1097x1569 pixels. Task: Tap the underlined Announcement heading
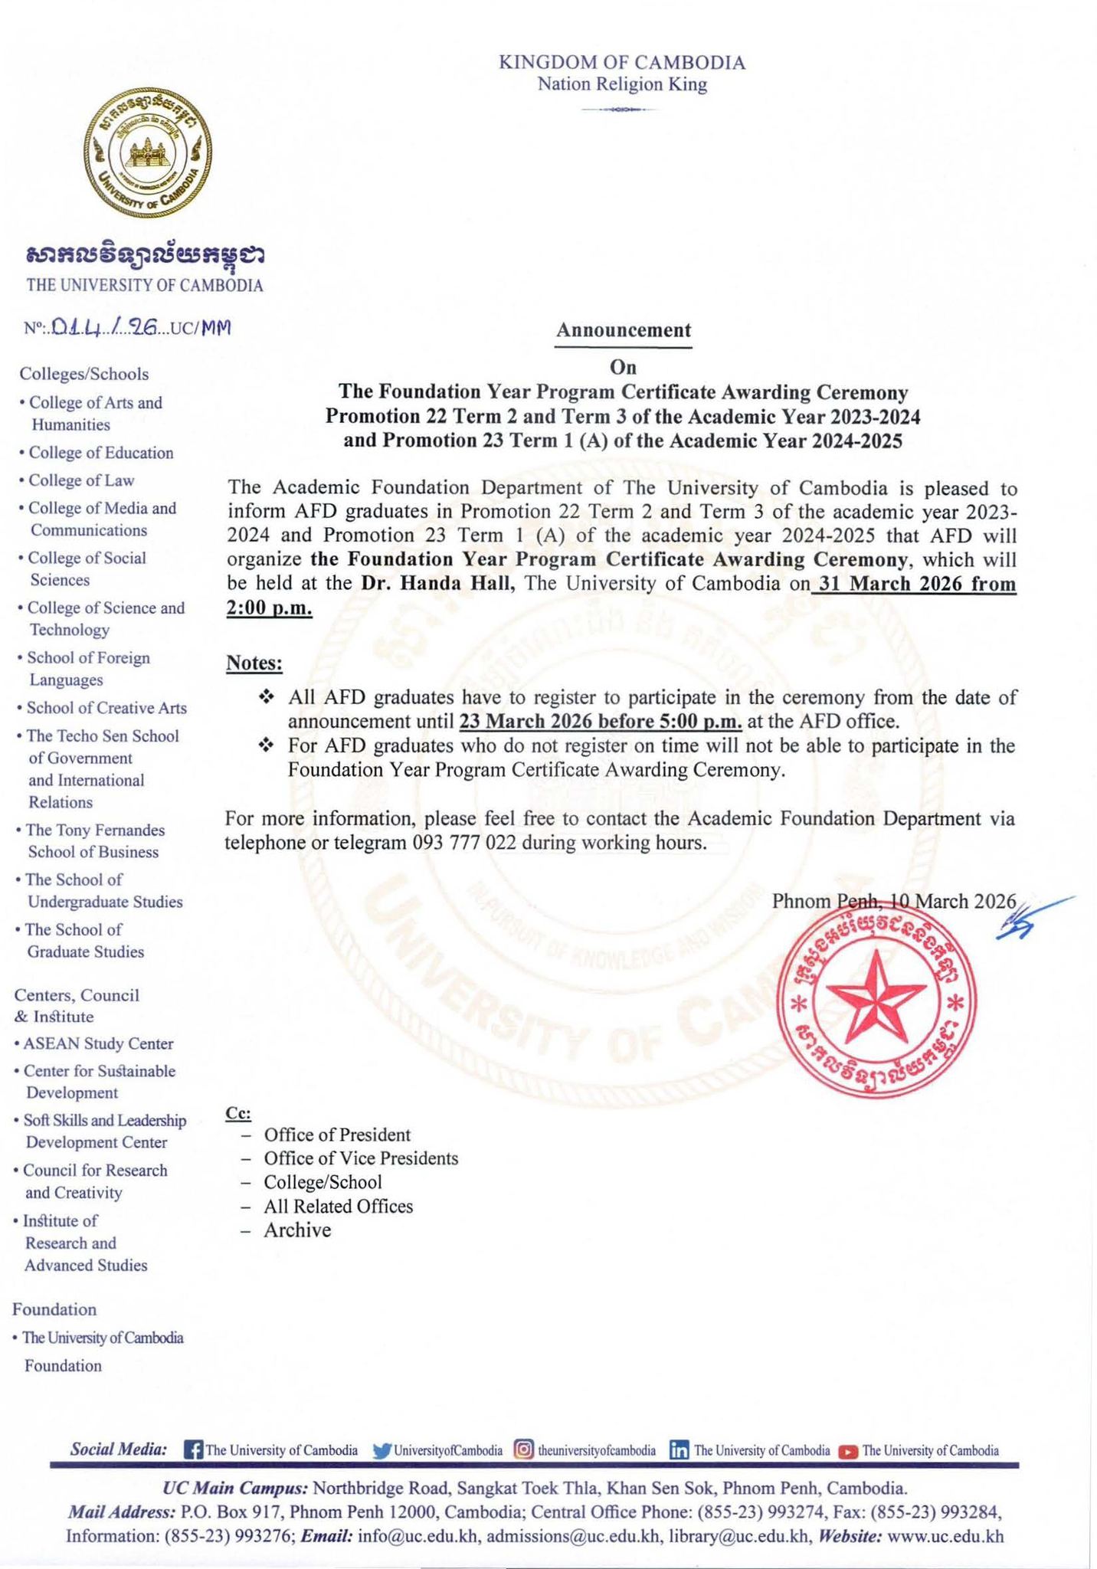point(623,330)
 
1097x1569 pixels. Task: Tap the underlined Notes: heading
point(254,663)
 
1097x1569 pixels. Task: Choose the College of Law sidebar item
point(80,480)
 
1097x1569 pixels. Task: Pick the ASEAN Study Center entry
point(98,1043)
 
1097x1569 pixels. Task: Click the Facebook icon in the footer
point(194,1450)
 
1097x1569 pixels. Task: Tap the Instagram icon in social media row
point(524,1450)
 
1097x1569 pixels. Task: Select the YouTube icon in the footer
point(848,1451)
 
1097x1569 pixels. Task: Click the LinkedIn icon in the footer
point(679,1450)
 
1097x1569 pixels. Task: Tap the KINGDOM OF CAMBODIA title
point(622,63)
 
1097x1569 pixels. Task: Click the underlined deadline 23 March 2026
point(540,722)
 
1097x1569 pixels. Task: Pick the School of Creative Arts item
point(106,708)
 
